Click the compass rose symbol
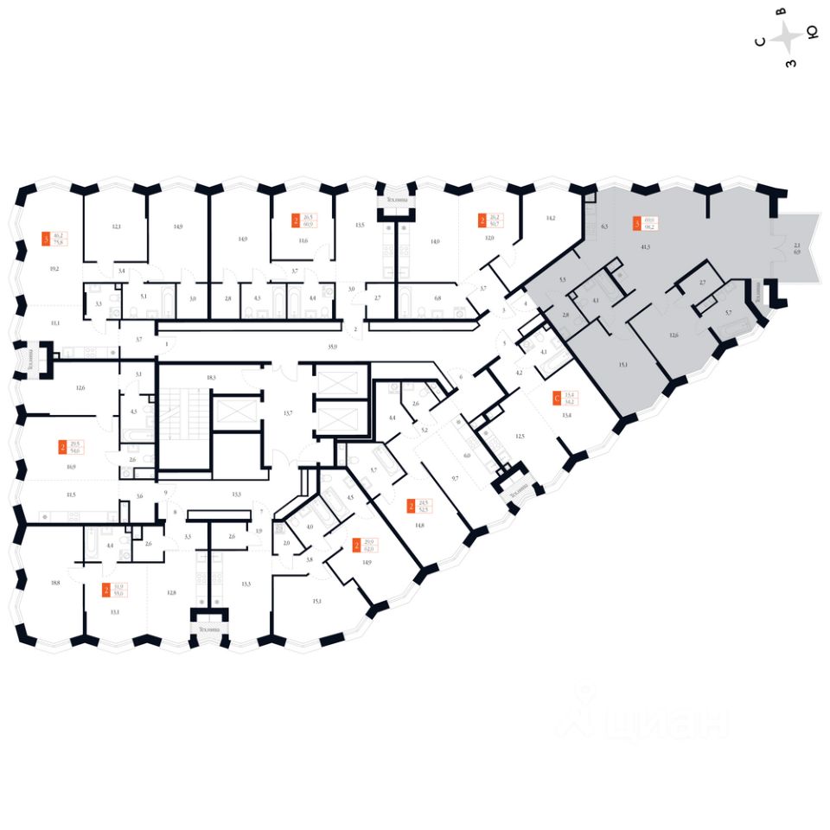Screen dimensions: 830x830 pyautogui.click(x=788, y=37)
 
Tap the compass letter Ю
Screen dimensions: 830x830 pyautogui.click(x=812, y=34)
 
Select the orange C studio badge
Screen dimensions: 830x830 pyautogui.click(x=555, y=399)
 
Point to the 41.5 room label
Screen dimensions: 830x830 pyautogui.click(x=645, y=247)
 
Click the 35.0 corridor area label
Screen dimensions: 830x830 pyautogui.click(x=331, y=346)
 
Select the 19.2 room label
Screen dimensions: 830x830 pyautogui.click(x=54, y=268)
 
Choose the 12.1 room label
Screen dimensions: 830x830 pyautogui.click(x=116, y=227)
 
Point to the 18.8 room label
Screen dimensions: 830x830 pyautogui.click(x=56, y=583)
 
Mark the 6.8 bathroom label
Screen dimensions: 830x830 pyautogui.click(x=437, y=298)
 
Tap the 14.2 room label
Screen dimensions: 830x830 pyautogui.click(x=550, y=219)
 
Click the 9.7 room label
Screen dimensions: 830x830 pyautogui.click(x=455, y=477)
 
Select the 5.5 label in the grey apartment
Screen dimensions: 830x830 pyautogui.click(x=562, y=280)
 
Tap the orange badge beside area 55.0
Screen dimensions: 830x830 pyautogui.click(x=105, y=591)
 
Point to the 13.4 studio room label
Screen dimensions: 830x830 pyautogui.click(x=567, y=415)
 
